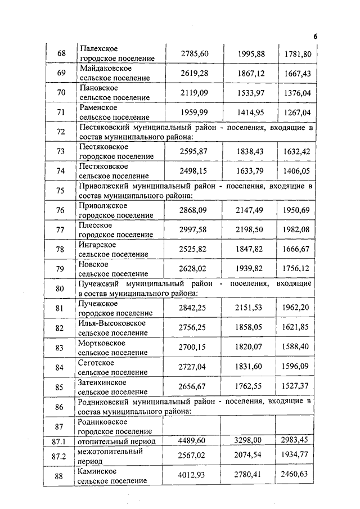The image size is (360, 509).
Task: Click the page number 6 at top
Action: pyautogui.click(x=316, y=37)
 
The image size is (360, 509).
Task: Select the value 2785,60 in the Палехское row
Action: pyautogui.click(x=195, y=54)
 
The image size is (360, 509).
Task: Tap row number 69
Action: pyautogui.click(x=61, y=73)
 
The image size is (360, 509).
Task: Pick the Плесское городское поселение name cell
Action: pyautogui.click(x=115, y=230)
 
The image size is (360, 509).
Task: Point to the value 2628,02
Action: pyautogui.click(x=194, y=269)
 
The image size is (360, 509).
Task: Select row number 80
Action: pyautogui.click(x=61, y=289)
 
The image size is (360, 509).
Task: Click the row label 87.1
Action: pyautogui.click(x=59, y=441)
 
